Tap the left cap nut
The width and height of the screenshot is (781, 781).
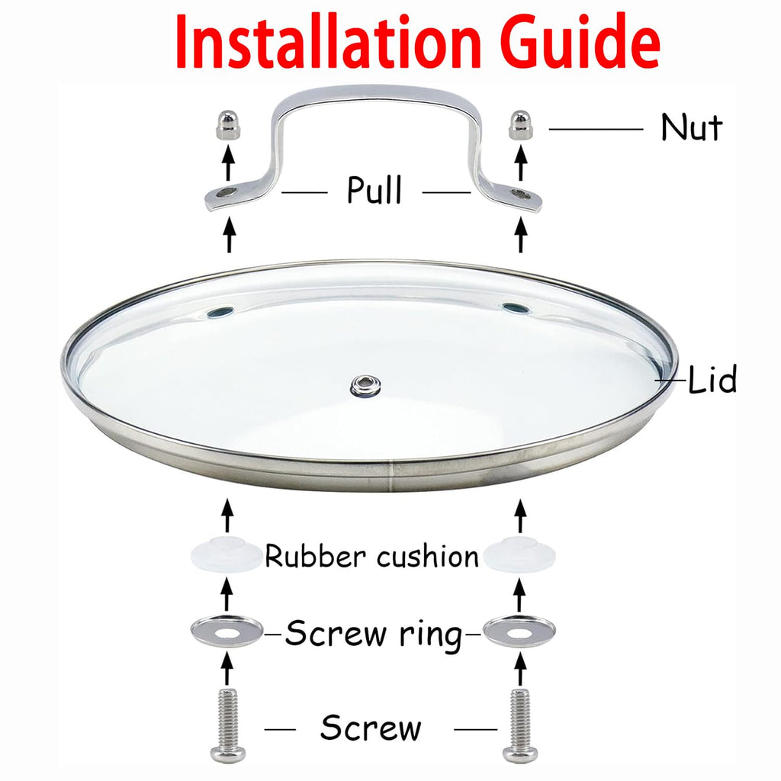pos(228,124)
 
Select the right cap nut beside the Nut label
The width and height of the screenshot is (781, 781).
pos(520,124)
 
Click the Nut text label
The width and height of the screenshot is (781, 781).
pos(691,127)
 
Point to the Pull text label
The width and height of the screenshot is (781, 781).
pos(374,189)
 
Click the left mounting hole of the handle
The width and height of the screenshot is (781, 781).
pos(227,191)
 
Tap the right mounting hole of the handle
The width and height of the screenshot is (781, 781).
pos(520,194)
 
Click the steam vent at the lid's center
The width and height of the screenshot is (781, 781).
pos(365,385)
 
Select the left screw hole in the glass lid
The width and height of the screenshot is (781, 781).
pos(220,312)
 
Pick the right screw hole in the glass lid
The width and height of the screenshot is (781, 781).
pos(516,308)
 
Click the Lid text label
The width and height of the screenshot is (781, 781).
pos(712,379)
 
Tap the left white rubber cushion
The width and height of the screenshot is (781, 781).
pos(227,554)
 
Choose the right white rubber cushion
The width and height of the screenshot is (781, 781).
pos(519,554)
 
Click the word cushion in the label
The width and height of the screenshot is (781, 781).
pos(427,556)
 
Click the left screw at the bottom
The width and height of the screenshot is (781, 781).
pos(227,725)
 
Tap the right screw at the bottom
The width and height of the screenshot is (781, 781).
pos(520,725)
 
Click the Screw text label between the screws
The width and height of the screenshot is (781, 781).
pos(371,728)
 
